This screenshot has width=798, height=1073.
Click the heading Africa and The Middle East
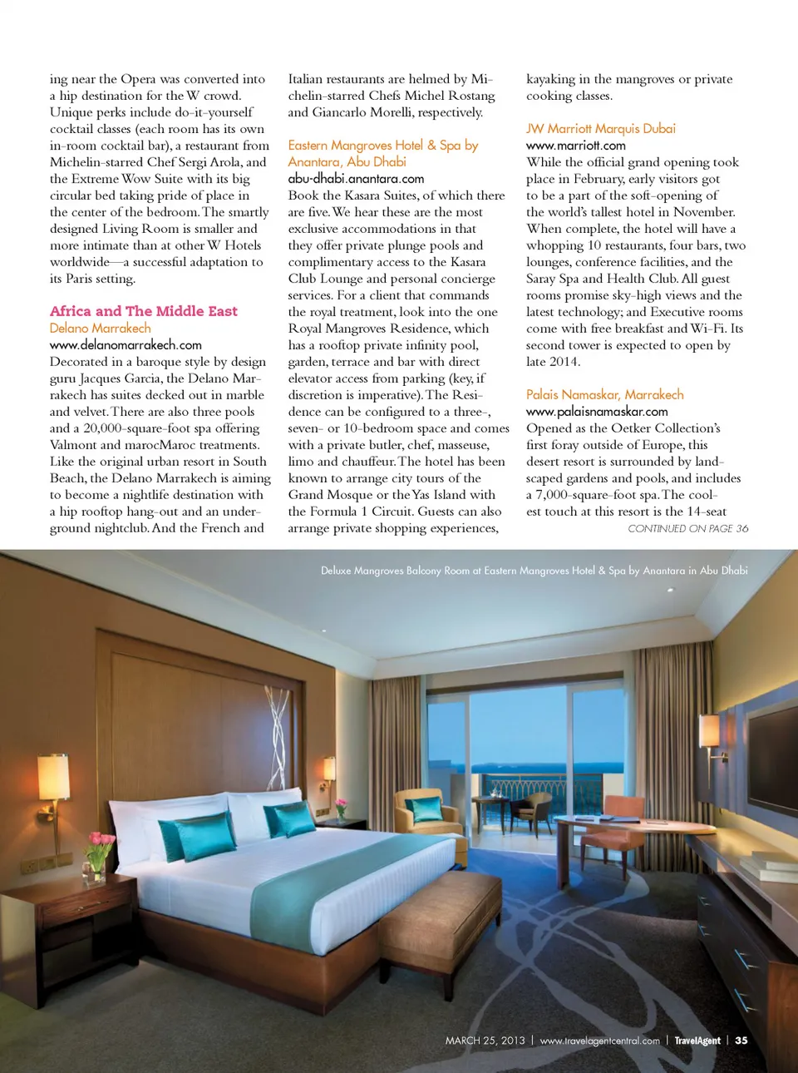point(144,311)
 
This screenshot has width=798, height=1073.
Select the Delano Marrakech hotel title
point(101,329)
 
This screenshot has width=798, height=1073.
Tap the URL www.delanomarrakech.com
point(126,345)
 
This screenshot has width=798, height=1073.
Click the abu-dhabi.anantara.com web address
point(356,179)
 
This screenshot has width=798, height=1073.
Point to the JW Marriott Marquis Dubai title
point(601,129)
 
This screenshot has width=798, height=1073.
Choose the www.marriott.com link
point(576,146)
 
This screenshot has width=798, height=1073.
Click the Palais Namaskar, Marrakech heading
point(605,395)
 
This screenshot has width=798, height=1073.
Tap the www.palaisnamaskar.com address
point(597,412)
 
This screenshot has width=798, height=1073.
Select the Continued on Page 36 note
point(687,528)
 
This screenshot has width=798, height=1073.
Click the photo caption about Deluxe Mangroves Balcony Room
point(534,571)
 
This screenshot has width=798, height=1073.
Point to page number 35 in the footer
point(741,1041)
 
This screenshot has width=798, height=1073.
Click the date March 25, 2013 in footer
point(485,1041)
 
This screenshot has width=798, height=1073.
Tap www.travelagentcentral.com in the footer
point(600,1041)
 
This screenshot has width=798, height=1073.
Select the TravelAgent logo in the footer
point(697,1041)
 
